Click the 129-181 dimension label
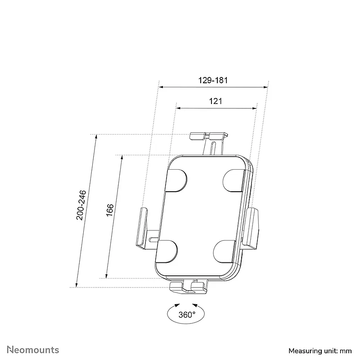tap(213, 81)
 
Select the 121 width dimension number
tap(216, 101)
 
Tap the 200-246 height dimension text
tap(81, 205)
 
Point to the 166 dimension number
tap(110, 210)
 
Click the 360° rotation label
tap(187, 315)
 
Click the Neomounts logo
tap(33, 350)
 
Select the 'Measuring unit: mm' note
tap(320, 351)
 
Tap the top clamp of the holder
tap(209, 136)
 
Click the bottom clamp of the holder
tap(188, 288)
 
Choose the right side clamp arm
tap(252, 229)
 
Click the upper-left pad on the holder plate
tap(176, 180)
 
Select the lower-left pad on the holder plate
tap(166, 252)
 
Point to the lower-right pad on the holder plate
tap(224, 252)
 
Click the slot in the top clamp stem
tap(213, 148)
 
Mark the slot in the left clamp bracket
tap(153, 239)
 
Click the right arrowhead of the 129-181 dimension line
tap(266, 87)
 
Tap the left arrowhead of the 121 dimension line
tap(178, 108)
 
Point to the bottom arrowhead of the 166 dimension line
tap(106, 276)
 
